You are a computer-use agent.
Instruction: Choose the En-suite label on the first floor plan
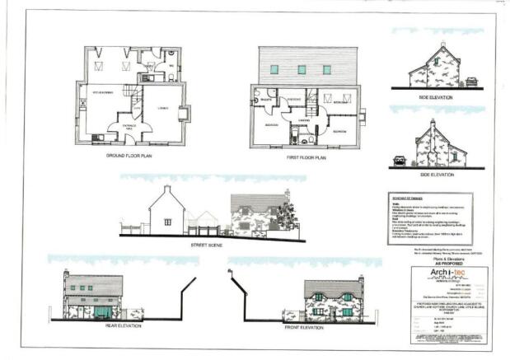point(267,98)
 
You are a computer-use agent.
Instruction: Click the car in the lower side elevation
point(400,161)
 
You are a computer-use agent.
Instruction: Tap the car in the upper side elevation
point(471,82)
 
